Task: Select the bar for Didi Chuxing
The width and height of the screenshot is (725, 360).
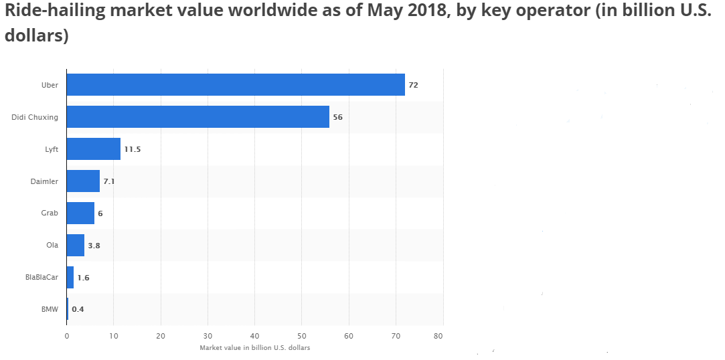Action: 197,117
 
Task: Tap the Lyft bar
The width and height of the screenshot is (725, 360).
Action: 94,149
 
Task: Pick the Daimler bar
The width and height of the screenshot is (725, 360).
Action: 83,181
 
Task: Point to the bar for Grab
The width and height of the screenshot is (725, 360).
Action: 80,213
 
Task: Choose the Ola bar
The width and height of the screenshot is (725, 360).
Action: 76,245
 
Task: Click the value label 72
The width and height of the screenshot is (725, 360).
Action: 413,85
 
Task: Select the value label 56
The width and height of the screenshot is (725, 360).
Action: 337,117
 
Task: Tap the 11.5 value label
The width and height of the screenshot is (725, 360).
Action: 133,149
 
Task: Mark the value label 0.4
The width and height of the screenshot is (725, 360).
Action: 78,309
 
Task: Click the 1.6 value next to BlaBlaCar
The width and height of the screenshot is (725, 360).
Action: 83,277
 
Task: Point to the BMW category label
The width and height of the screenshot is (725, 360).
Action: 50,309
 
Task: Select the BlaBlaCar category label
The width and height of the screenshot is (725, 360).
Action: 42,277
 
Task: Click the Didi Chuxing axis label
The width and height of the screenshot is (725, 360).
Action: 35,117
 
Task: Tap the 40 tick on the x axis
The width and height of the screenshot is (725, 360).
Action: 254,336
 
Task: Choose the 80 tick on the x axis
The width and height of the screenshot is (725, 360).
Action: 439,336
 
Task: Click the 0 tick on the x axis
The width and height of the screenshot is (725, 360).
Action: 67,336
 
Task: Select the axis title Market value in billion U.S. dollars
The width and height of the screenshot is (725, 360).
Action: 254,348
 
